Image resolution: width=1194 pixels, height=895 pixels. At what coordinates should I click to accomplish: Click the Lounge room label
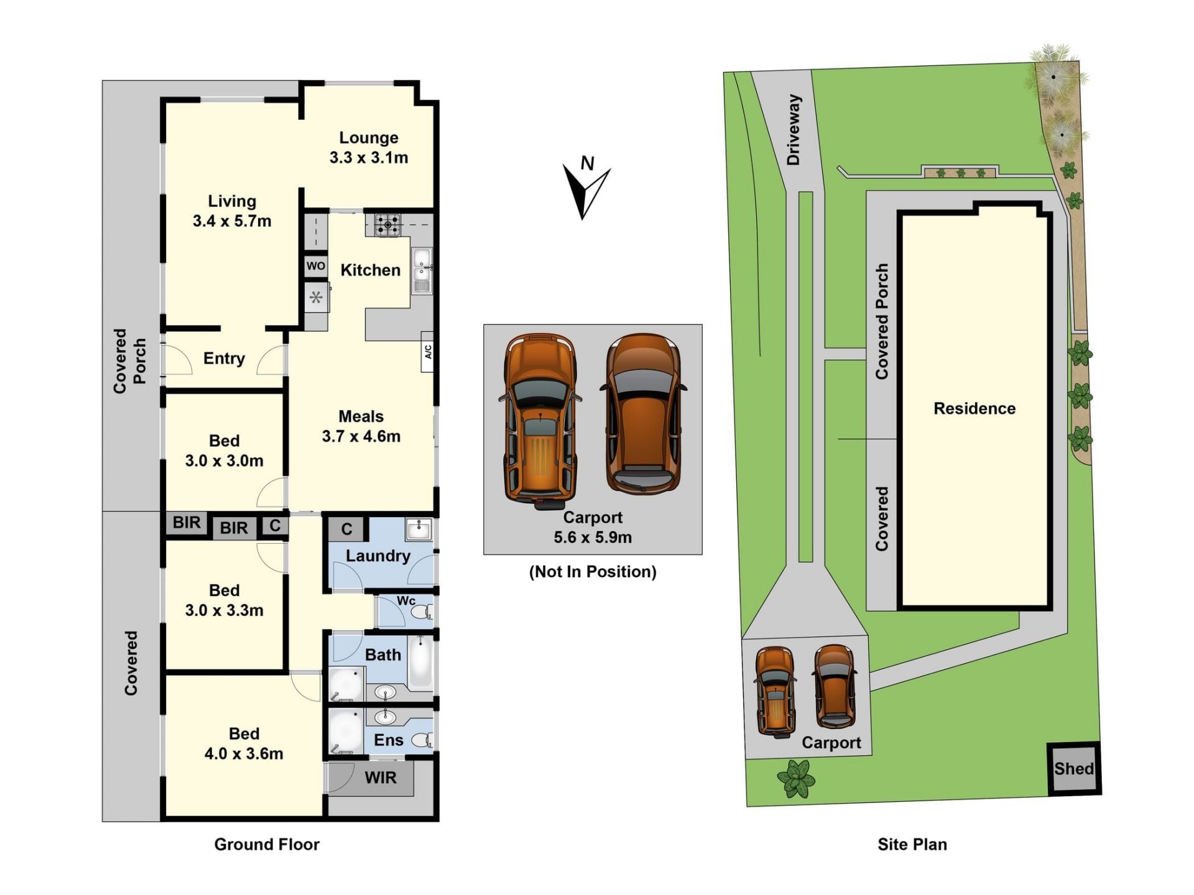pos(369,137)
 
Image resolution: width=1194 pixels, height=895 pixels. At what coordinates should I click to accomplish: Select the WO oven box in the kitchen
pos(315,266)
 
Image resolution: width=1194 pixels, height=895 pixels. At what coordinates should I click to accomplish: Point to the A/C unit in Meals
pos(428,352)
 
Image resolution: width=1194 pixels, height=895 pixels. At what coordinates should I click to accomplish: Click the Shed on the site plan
pos(1074,769)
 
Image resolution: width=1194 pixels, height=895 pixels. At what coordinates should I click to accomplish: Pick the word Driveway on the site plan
pos(794,130)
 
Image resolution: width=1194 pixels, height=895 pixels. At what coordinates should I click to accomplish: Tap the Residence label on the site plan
pos(974,408)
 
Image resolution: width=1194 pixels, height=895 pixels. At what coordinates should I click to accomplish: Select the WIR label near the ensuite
pos(380,778)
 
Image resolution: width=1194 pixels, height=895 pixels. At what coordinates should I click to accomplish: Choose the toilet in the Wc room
pos(422,612)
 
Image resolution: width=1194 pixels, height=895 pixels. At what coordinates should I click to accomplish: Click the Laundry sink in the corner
pos(419,530)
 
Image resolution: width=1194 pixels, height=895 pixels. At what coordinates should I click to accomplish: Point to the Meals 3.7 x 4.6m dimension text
pos(361,436)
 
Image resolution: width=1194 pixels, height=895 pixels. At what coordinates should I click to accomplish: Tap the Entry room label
pos(224,359)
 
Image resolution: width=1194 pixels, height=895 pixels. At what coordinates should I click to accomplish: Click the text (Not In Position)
pos(593,572)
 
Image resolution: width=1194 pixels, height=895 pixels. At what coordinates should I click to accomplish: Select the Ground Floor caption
pos(267,844)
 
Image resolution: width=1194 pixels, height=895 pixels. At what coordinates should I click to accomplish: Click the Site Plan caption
pos(912,844)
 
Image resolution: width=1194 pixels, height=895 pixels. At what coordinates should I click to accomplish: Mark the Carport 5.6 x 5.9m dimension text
pos(593,537)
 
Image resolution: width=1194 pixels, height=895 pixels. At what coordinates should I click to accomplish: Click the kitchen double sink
pos(422,271)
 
